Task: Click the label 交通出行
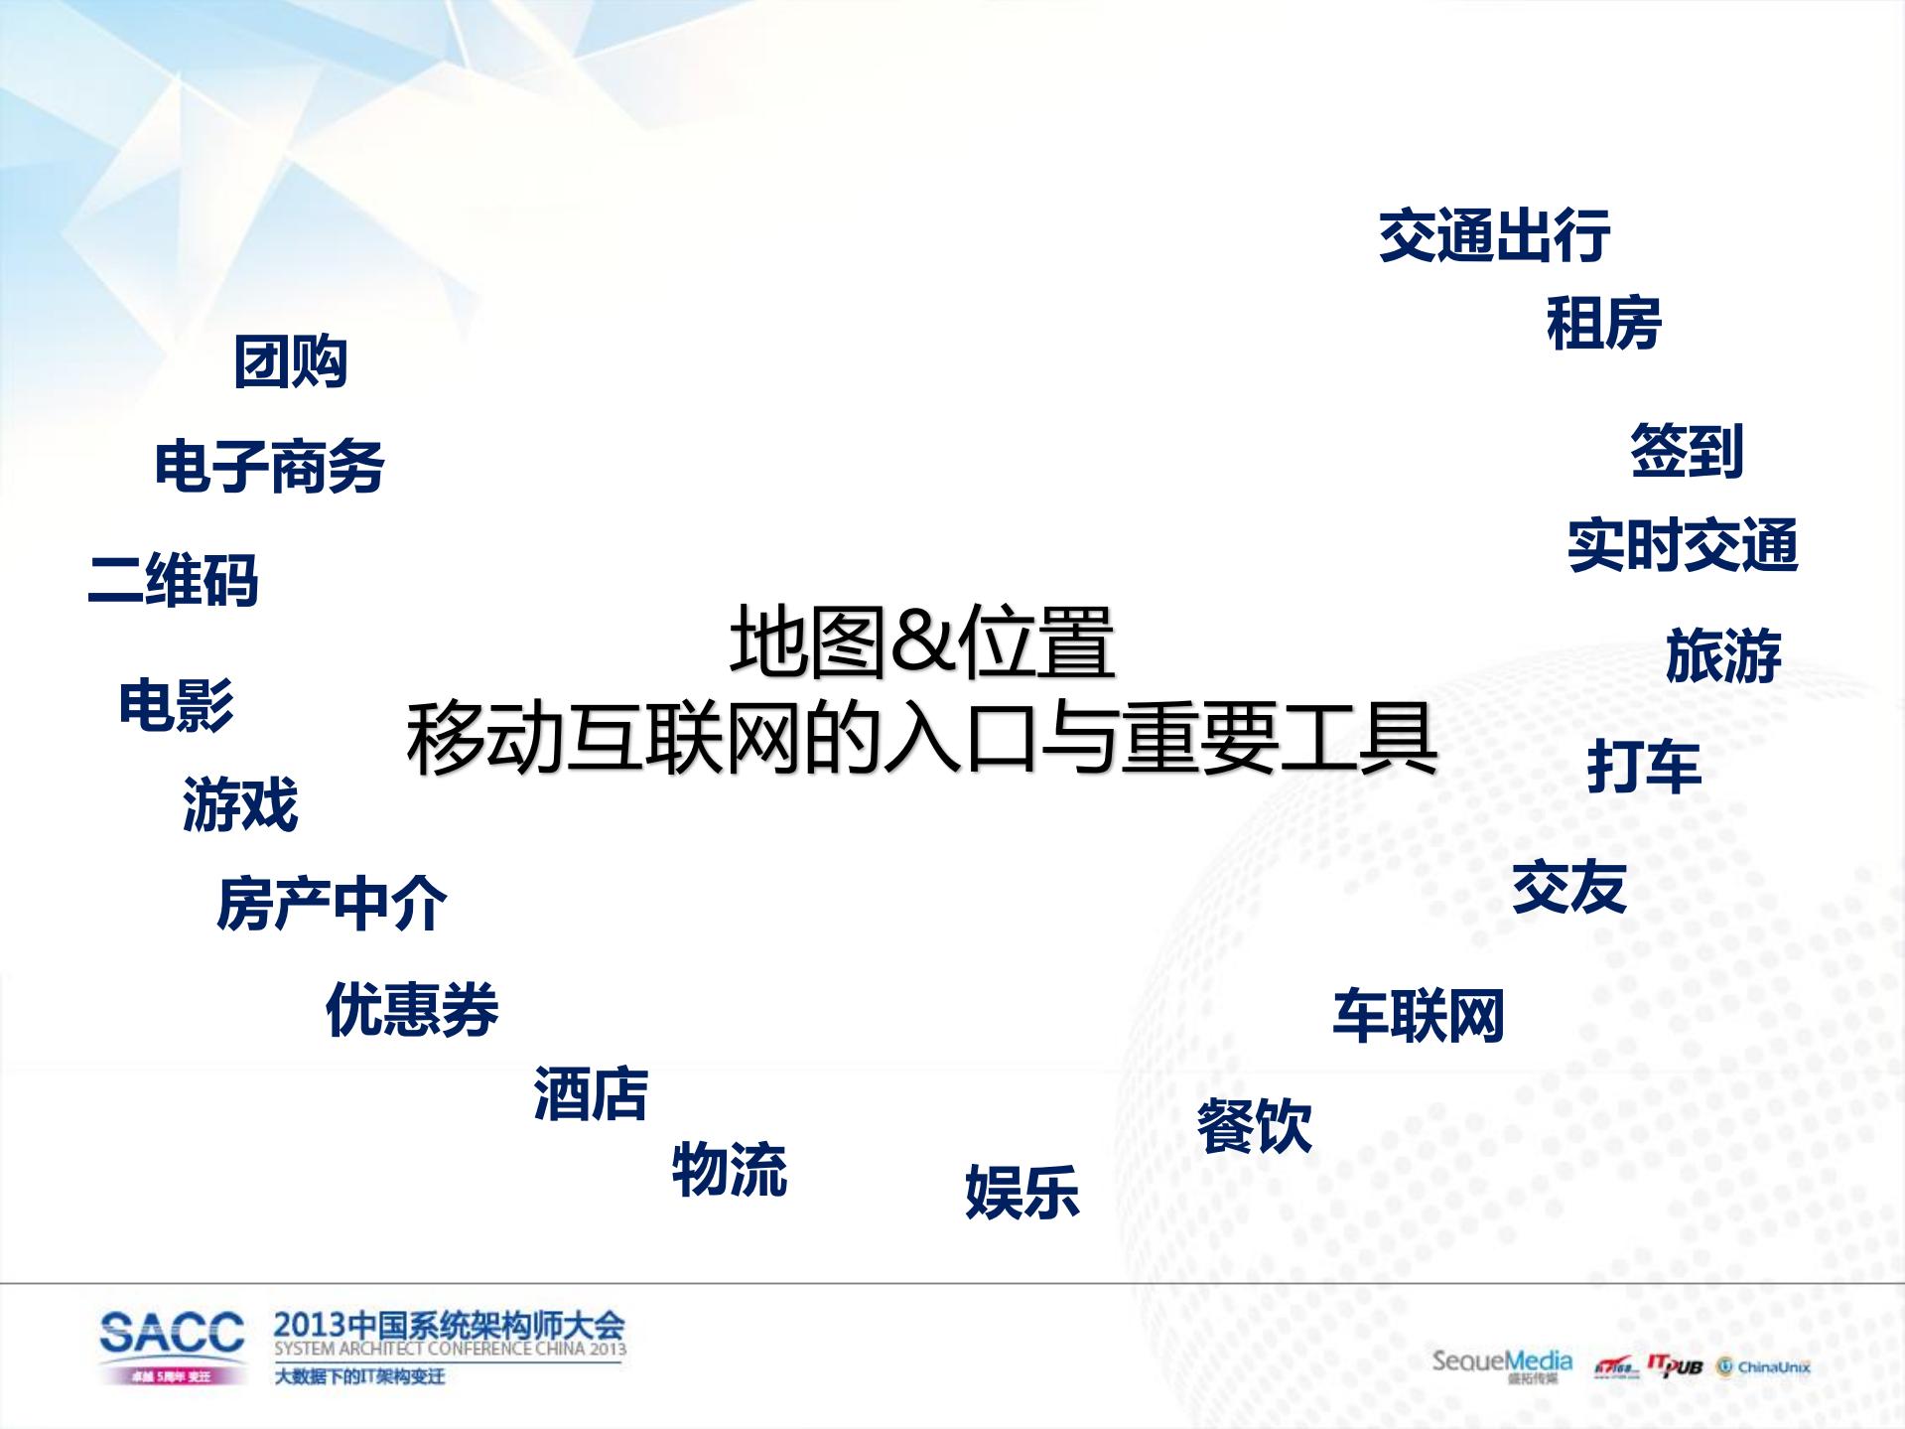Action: point(1494,236)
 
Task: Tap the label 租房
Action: point(1603,324)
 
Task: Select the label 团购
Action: point(290,361)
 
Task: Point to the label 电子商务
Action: point(269,467)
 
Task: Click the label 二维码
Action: point(174,580)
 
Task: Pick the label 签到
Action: point(1687,451)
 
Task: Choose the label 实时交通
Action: point(1683,545)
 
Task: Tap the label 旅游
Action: point(1723,655)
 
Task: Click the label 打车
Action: point(1644,767)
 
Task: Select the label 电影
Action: point(176,706)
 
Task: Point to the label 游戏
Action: point(240,804)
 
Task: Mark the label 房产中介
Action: point(332,904)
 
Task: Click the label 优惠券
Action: point(412,1010)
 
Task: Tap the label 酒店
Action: point(591,1094)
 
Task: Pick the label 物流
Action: point(730,1170)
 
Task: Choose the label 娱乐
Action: point(1021,1192)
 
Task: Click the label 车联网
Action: point(1418,1016)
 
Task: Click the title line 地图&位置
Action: point(922,643)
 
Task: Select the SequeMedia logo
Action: point(1501,1362)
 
